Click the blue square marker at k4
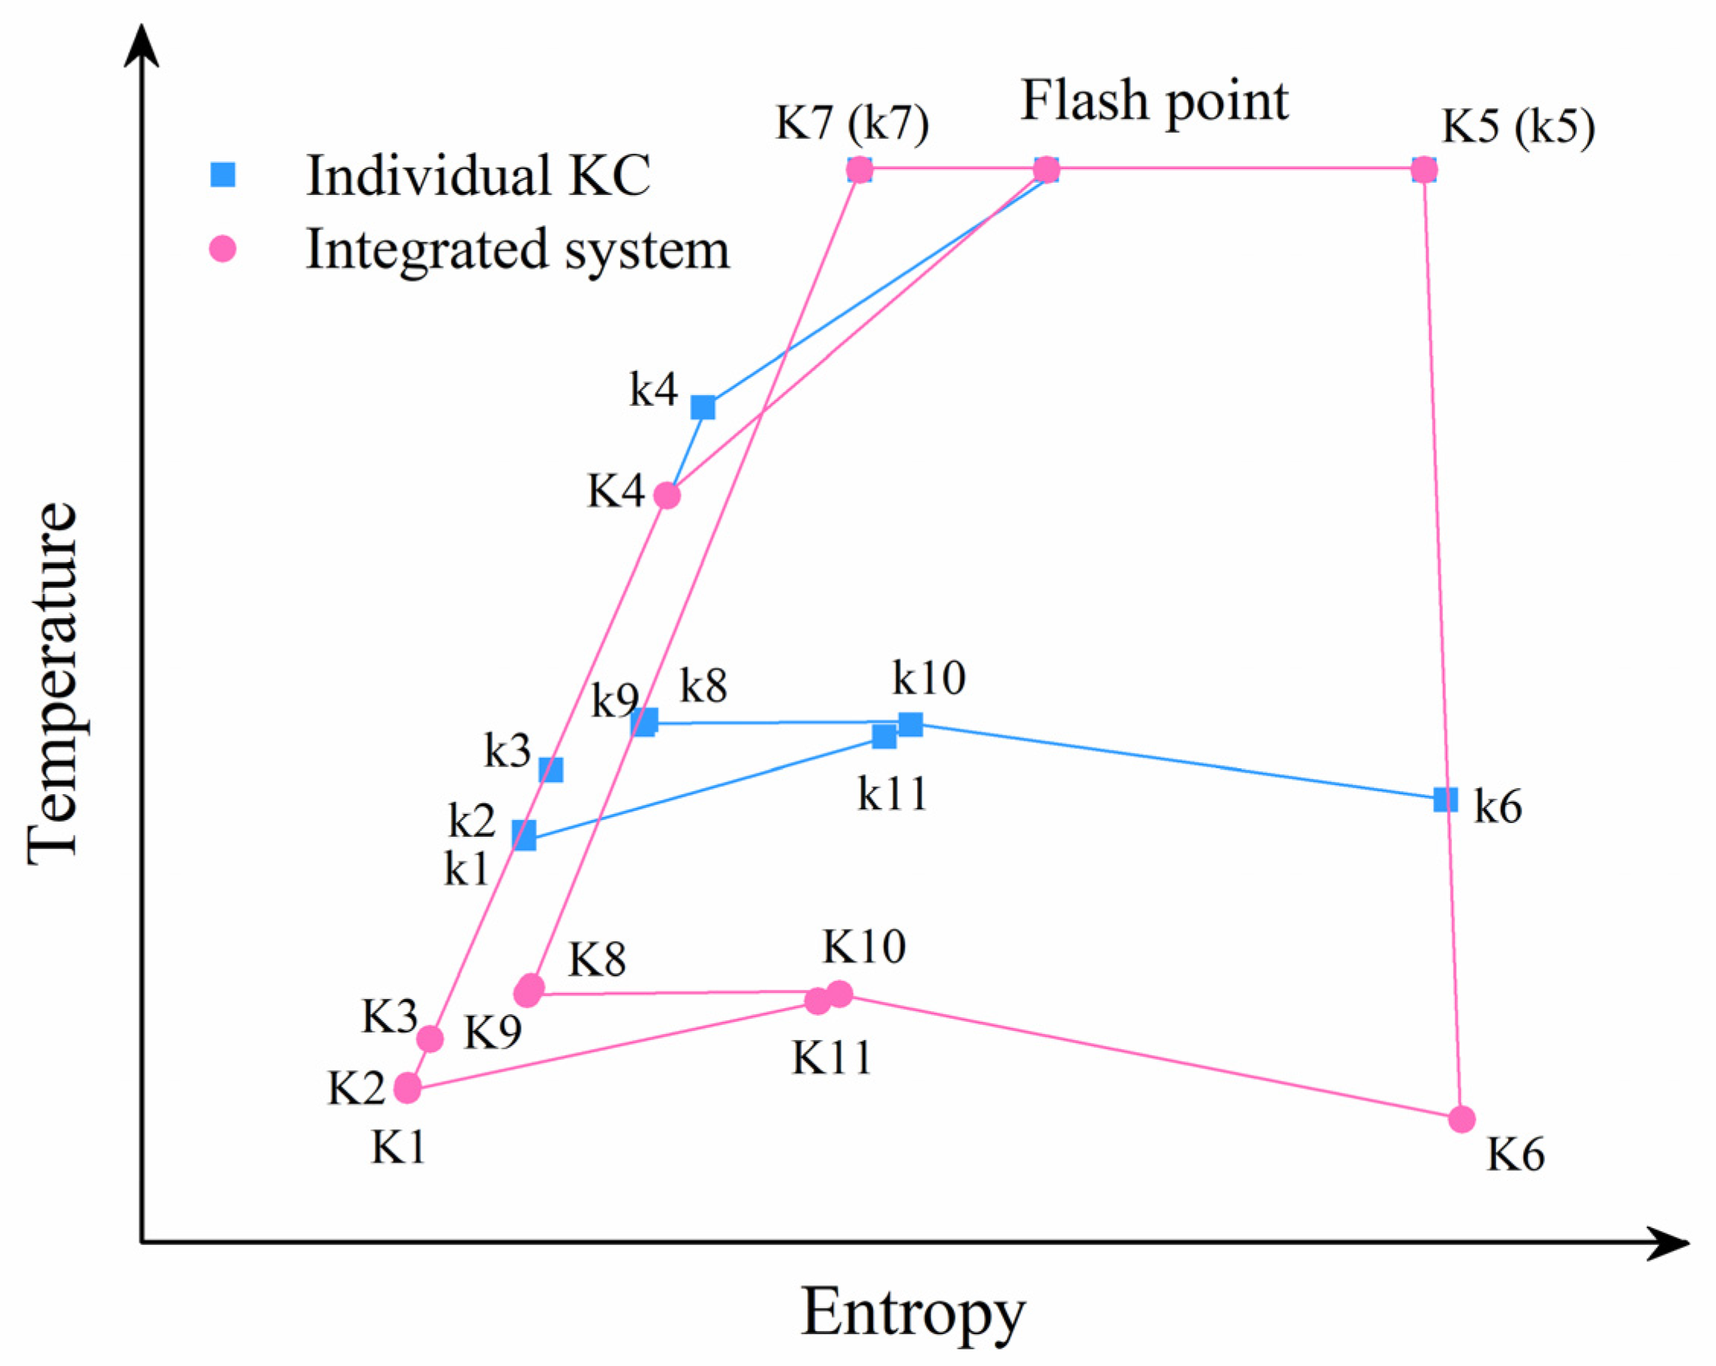tap(703, 407)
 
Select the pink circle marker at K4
tap(667, 496)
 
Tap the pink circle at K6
tap(1462, 1119)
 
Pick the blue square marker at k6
tap(1446, 799)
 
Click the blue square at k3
tap(551, 769)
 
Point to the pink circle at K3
tap(430, 1039)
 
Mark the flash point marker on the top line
tap(1047, 170)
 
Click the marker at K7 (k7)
tap(860, 170)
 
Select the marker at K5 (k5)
tap(1424, 170)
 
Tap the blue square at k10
tap(910, 724)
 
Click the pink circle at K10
tap(839, 993)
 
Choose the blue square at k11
tap(884, 737)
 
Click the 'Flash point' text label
tap(1154, 102)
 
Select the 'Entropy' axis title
tap(913, 1313)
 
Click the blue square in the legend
tap(223, 175)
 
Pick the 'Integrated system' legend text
tap(517, 250)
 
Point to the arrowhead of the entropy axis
tap(1671, 1243)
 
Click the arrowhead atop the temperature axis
tap(142, 43)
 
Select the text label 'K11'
tap(832, 1058)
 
